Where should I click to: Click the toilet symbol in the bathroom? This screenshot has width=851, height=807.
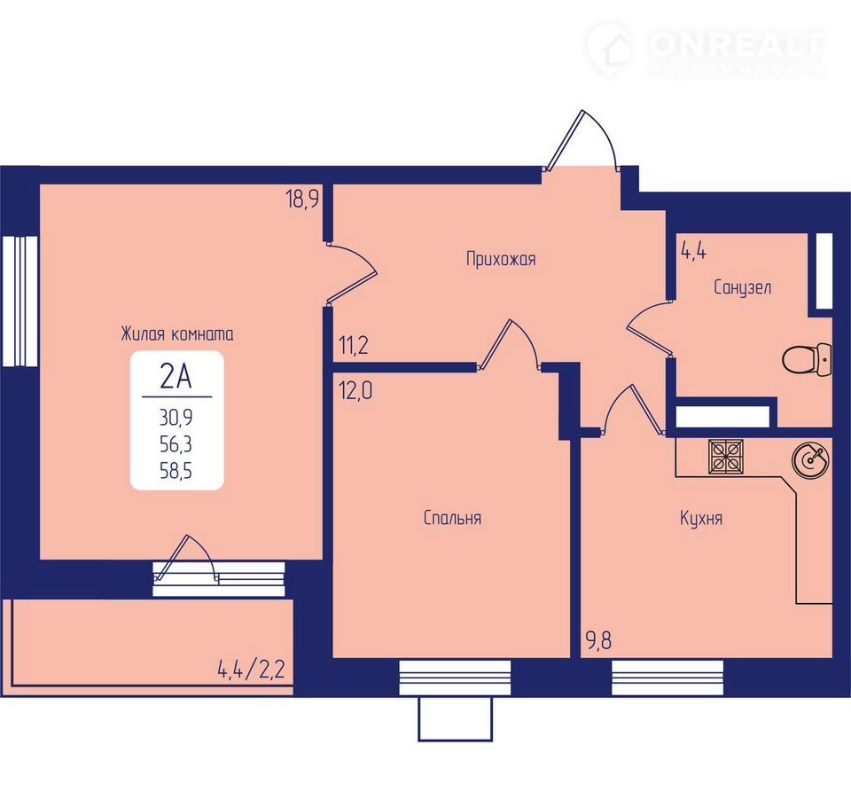pos(807,359)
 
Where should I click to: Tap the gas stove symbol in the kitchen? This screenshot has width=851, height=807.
pos(726,455)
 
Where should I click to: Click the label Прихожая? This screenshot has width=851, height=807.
pos(501,259)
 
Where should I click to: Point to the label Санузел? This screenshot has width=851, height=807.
pos(742,286)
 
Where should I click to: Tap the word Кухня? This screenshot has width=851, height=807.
pos(700,518)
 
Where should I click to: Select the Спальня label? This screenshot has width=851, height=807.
pos(452,518)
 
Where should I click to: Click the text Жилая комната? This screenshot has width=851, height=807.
pos(177,333)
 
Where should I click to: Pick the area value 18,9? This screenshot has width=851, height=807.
pos(302,200)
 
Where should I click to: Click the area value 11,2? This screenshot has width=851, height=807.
pos(354,345)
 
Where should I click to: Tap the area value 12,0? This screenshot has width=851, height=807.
pos(356,390)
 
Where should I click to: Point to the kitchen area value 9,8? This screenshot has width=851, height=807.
pos(598,641)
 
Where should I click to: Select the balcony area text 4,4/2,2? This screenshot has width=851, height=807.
pos(251,669)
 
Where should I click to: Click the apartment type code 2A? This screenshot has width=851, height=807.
pos(176,376)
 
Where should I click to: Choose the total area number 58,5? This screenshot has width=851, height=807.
pos(176,470)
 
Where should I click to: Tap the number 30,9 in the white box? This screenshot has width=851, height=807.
pos(176,418)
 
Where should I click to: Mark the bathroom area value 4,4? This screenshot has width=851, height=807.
pos(693,252)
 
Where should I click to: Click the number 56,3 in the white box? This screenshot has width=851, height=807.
pos(176,444)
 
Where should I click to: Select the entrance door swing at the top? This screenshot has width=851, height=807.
pos(582,141)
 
